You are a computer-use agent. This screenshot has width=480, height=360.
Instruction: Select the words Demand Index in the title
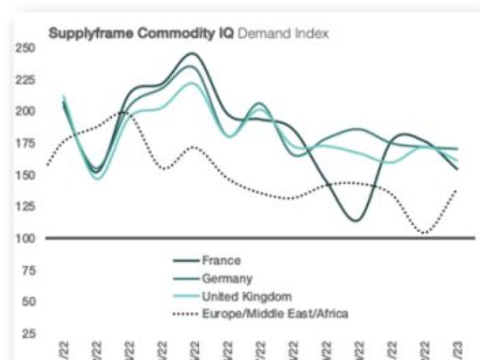(x=283, y=34)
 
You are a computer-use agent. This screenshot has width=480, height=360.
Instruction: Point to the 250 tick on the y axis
(x=27, y=47)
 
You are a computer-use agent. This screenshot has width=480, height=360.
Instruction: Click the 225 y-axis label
(x=27, y=79)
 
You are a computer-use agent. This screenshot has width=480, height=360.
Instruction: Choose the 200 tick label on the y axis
(x=27, y=111)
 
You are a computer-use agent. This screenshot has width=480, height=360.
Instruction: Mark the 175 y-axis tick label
(x=27, y=143)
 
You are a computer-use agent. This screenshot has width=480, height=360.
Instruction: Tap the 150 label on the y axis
(x=27, y=175)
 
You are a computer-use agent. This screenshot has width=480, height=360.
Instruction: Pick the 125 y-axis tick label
(x=27, y=206)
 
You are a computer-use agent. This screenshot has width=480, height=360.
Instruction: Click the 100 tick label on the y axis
(x=27, y=238)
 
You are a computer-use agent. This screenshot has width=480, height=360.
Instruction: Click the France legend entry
(x=221, y=261)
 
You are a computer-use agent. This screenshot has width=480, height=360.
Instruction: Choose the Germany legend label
(x=227, y=278)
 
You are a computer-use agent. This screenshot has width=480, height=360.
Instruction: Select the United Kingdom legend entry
(x=247, y=296)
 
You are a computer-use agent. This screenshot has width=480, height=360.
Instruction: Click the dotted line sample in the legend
(x=184, y=314)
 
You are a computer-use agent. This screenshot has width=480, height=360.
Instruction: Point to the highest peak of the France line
(x=191, y=53)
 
